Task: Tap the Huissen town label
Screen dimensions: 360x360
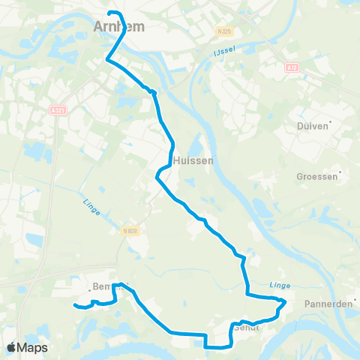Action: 193,160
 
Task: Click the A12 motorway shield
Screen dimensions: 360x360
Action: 292,67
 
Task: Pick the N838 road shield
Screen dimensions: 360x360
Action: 127,232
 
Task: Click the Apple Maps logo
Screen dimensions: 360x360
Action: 28,347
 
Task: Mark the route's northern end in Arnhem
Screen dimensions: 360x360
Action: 110,13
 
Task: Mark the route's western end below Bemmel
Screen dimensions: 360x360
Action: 74,305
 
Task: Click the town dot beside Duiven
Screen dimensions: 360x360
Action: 330,121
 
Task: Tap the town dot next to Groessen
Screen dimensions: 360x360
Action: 341,172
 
